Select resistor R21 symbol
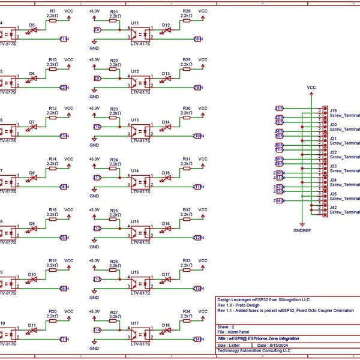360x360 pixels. click(x=114, y=20)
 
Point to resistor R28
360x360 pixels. click(x=187, y=20)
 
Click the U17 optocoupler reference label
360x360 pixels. click(x=135, y=323)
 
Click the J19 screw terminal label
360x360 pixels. click(x=333, y=110)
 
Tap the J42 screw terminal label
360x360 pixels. click(x=333, y=207)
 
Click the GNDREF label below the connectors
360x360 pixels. click(x=302, y=230)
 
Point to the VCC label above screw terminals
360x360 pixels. click(x=311, y=87)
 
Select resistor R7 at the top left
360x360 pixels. click(x=53, y=20)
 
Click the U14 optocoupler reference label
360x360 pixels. click(x=135, y=172)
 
